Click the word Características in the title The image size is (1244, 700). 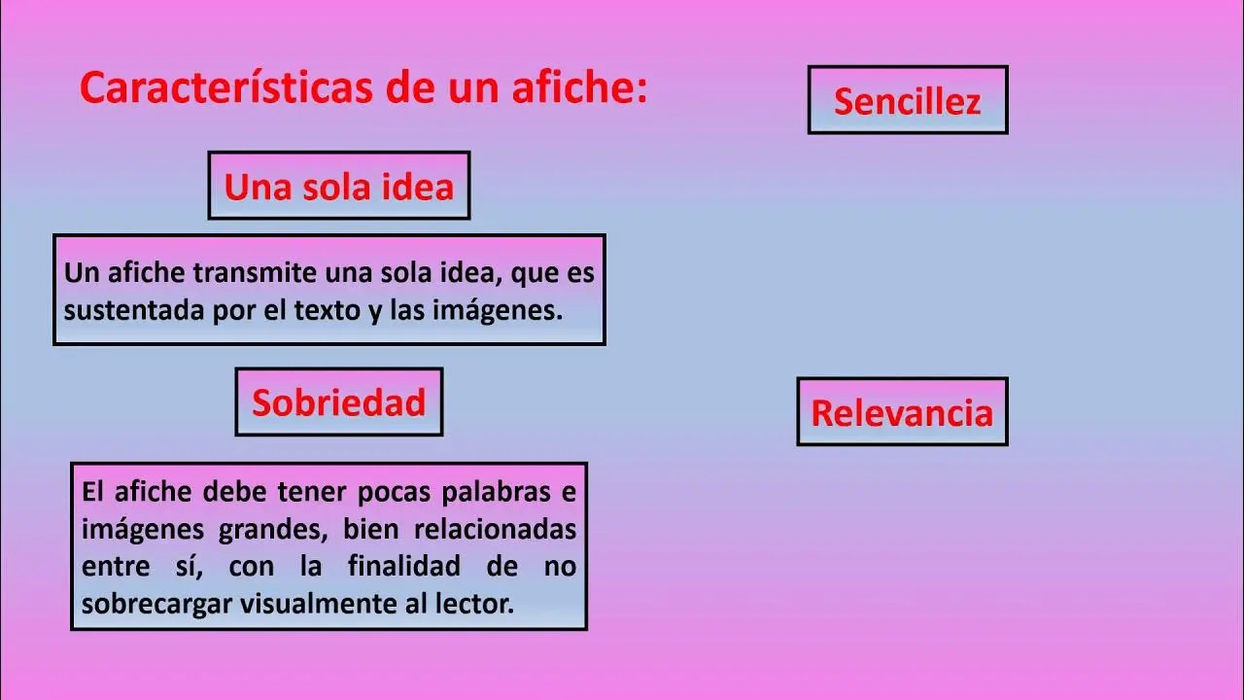pyautogui.click(x=226, y=87)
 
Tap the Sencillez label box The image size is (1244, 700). pyautogui.click(x=908, y=100)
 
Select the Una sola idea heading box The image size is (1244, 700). pyautogui.click(x=339, y=186)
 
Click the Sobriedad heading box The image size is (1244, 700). pyautogui.click(x=339, y=402)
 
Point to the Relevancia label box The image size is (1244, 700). pyautogui.click(x=902, y=411)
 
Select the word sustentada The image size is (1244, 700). pyautogui.click(x=135, y=310)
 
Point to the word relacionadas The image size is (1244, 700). pyautogui.click(x=496, y=529)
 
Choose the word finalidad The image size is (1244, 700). pyautogui.click(x=403, y=566)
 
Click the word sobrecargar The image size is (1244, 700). pyautogui.click(x=156, y=604)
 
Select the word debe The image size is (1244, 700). pyautogui.click(x=234, y=492)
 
